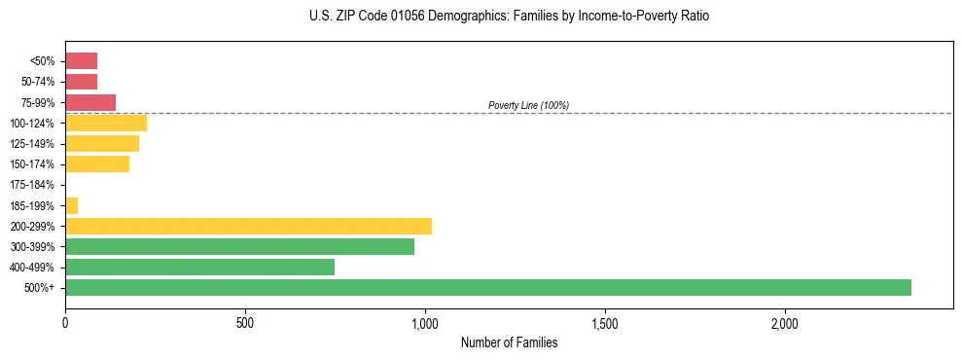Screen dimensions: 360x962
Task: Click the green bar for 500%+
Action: tap(487, 287)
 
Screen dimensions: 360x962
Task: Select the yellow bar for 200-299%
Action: tap(248, 226)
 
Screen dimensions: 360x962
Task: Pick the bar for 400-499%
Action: tap(199, 267)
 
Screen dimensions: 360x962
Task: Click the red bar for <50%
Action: tap(81, 61)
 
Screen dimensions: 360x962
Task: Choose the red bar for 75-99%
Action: tap(90, 102)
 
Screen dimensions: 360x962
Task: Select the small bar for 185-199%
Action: tap(71, 205)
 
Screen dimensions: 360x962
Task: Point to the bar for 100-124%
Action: tap(106, 123)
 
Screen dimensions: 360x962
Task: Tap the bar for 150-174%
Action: tap(97, 164)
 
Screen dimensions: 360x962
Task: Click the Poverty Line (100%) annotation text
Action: tap(528, 105)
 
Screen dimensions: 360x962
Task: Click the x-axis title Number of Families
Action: tap(509, 342)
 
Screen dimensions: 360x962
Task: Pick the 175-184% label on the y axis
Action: tap(32, 185)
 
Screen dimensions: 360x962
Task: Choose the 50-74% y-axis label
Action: tap(37, 82)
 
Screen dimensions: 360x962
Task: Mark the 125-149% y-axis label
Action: tap(32, 144)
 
